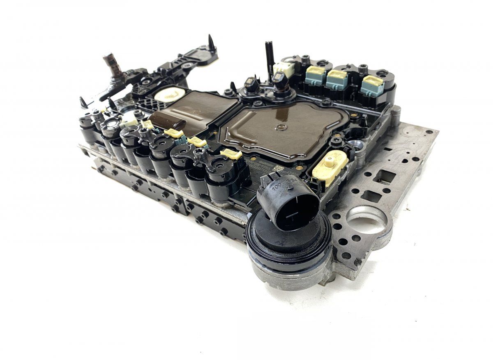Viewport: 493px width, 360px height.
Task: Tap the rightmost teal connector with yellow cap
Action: (372, 85)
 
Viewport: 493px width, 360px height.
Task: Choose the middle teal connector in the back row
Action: (337, 79)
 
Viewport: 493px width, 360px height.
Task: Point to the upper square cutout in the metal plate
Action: (385, 177)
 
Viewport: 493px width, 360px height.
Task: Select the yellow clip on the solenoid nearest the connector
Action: (231, 154)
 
